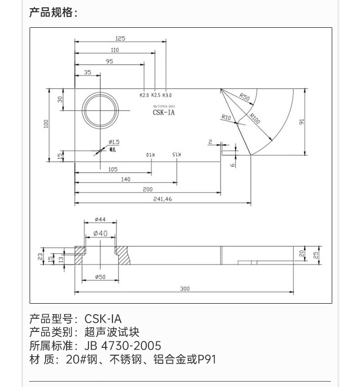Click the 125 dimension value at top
click(x=120, y=38)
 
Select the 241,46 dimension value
click(x=163, y=199)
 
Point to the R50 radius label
click(x=245, y=97)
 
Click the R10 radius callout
click(x=226, y=117)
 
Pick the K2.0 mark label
click(x=144, y=95)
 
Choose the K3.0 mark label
click(x=167, y=95)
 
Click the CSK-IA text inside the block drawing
click(x=164, y=112)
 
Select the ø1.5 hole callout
click(x=114, y=142)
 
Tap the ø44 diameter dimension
click(x=100, y=219)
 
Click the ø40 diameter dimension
click(x=100, y=233)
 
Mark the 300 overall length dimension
click(x=185, y=288)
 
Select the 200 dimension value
click(x=148, y=189)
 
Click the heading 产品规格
click(x=53, y=12)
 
